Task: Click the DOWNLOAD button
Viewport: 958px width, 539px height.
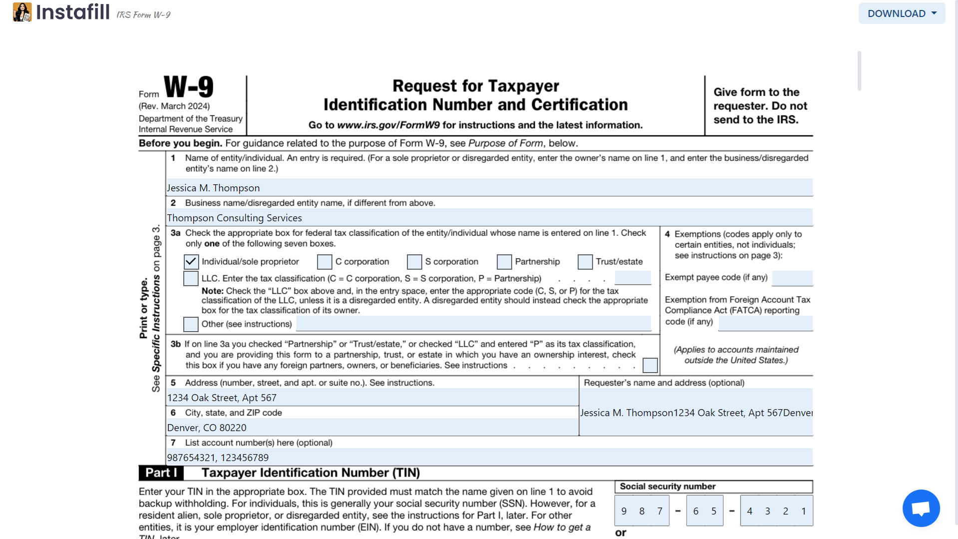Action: click(x=901, y=13)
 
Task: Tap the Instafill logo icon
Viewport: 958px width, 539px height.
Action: click(x=22, y=12)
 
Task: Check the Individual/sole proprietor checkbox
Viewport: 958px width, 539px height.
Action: click(x=191, y=262)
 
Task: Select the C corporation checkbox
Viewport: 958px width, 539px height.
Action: click(x=324, y=262)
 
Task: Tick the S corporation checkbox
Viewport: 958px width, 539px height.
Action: click(x=414, y=262)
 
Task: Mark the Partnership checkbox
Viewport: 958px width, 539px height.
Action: click(x=504, y=262)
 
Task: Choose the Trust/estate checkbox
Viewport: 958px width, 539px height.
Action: click(x=585, y=262)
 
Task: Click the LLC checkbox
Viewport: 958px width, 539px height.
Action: click(x=191, y=278)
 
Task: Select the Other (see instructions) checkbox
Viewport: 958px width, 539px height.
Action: click(x=191, y=324)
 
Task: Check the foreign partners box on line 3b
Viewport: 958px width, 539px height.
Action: click(x=650, y=365)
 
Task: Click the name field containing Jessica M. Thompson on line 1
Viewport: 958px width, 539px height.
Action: click(x=489, y=188)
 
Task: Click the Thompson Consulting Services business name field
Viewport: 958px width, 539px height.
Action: click(x=489, y=218)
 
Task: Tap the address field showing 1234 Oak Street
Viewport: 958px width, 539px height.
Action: click(x=372, y=398)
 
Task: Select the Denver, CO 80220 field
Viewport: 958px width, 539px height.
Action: click(x=372, y=428)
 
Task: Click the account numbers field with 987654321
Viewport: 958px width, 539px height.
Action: click(x=489, y=458)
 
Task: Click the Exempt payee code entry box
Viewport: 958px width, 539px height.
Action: click(x=792, y=278)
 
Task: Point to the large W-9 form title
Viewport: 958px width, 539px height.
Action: click(x=189, y=87)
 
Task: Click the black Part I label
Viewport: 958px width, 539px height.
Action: click(x=161, y=473)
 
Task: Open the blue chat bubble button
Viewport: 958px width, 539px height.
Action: click(x=921, y=508)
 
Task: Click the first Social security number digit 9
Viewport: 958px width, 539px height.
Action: click(x=624, y=511)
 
